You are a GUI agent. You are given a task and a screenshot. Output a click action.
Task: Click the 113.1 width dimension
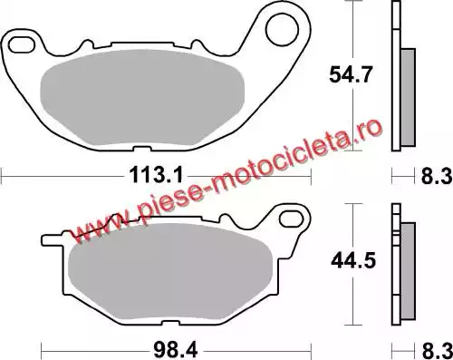[x=156, y=176]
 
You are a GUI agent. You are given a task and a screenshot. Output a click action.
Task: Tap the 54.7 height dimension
[x=350, y=74]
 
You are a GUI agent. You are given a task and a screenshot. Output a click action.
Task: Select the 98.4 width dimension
[x=176, y=351]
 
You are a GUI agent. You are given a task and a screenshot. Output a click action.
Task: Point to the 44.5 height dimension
[x=353, y=260]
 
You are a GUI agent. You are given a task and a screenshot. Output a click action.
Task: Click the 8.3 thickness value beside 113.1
[x=437, y=176]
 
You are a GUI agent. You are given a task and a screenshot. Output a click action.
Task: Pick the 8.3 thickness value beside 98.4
[x=437, y=351]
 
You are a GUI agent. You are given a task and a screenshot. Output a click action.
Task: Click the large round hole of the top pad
[x=282, y=30]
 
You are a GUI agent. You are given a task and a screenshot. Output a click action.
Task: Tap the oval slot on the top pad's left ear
[x=21, y=45]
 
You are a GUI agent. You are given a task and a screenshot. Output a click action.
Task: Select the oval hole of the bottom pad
[x=291, y=219]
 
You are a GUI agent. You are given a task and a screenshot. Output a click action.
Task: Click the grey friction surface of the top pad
[x=142, y=97]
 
